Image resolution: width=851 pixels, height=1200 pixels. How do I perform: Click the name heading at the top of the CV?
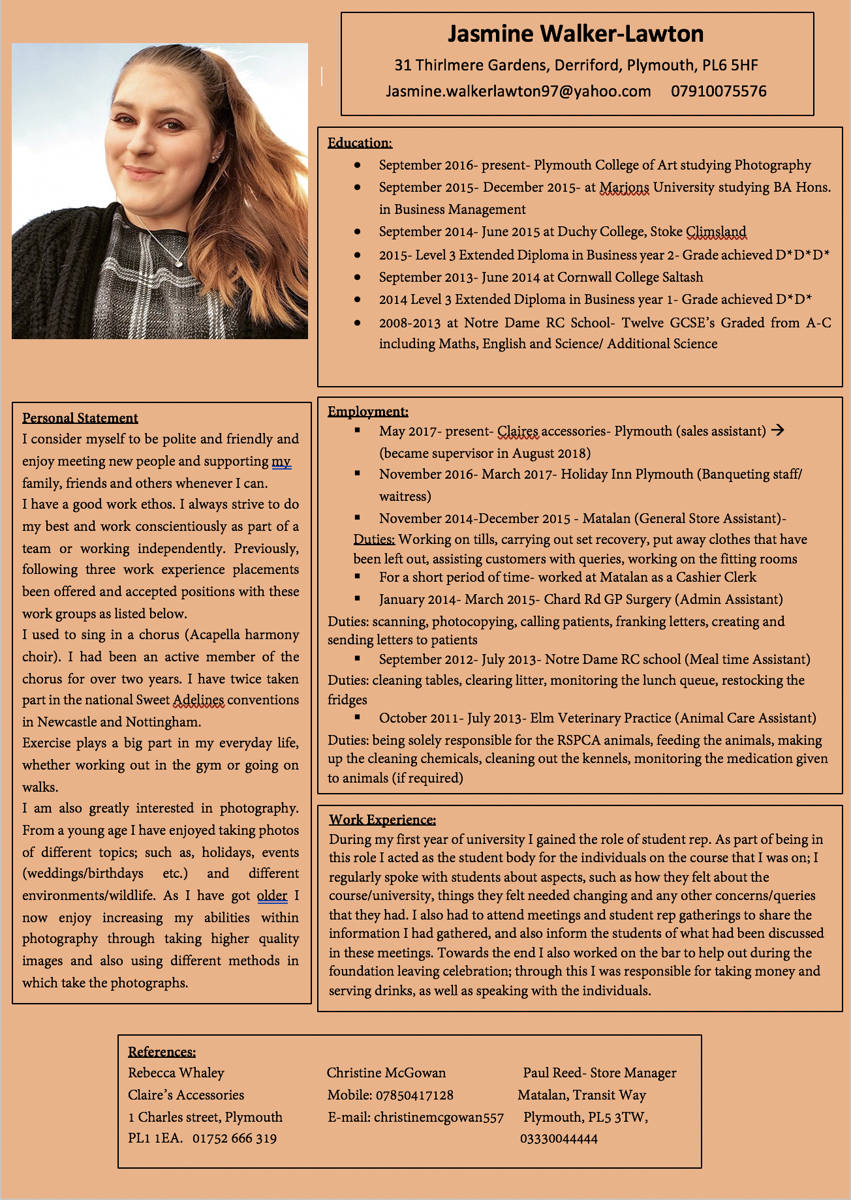(x=576, y=34)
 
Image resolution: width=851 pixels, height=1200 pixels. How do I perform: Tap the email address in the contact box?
(x=518, y=91)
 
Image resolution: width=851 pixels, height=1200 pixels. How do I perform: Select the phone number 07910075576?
(x=719, y=91)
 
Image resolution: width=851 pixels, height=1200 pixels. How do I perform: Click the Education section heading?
(x=360, y=143)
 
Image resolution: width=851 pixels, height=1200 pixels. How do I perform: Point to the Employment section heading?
(x=367, y=412)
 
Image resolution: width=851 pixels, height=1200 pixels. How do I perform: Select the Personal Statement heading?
(x=80, y=418)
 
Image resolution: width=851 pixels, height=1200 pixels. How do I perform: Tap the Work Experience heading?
(x=382, y=820)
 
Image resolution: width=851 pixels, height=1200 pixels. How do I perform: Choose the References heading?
(x=162, y=1052)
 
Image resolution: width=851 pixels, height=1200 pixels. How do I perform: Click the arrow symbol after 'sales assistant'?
(x=777, y=430)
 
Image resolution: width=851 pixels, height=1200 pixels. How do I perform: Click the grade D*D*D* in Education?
(x=803, y=255)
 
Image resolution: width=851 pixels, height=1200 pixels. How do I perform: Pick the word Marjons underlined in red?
(x=624, y=188)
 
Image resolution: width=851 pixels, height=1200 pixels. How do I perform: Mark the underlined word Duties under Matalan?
(x=374, y=539)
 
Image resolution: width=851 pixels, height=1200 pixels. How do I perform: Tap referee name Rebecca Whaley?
(x=176, y=1073)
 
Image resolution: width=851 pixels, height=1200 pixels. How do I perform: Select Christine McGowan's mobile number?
(x=414, y=1095)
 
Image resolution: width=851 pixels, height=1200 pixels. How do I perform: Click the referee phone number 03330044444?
(x=559, y=1139)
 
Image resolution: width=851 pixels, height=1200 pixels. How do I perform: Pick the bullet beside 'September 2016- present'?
(x=357, y=166)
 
